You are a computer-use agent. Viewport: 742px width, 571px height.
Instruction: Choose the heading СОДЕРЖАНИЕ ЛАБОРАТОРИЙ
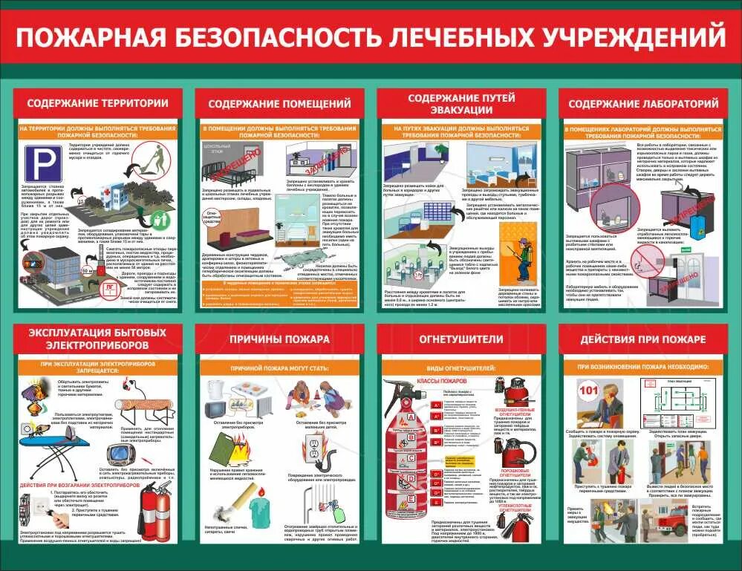point(643,103)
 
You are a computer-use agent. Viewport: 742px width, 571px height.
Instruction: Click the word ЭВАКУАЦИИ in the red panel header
point(461,110)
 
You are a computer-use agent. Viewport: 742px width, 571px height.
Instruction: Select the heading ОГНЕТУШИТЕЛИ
point(461,339)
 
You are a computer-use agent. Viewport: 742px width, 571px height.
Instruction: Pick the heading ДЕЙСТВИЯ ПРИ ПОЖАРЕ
point(643,339)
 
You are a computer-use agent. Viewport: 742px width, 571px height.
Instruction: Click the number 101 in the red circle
point(588,390)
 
